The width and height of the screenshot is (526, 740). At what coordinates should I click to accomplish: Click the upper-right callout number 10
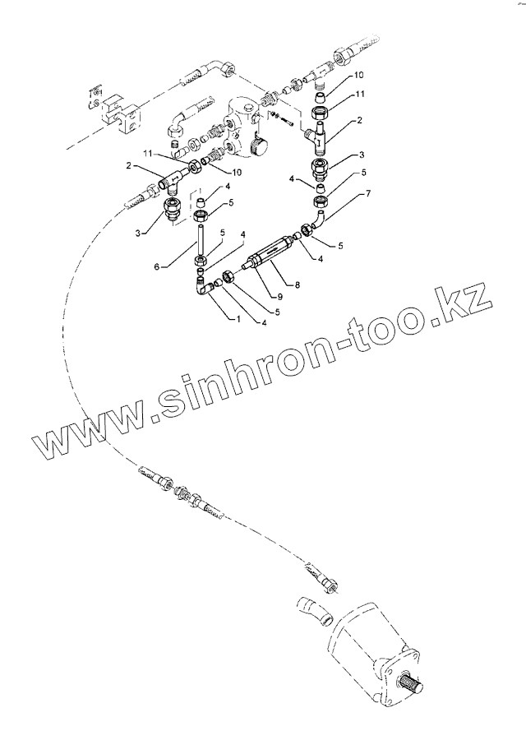point(358,76)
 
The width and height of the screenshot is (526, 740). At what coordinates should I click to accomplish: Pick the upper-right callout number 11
point(359,95)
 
